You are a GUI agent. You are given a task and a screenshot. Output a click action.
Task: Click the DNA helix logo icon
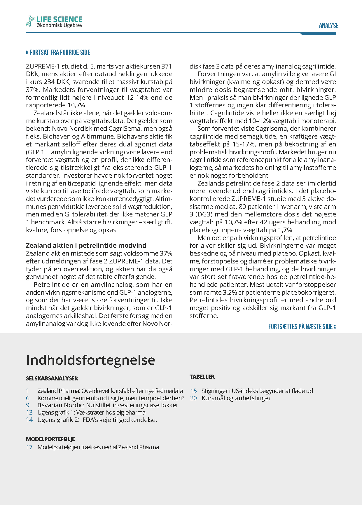(x=30, y=21)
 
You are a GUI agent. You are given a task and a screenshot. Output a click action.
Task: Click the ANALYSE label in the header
(x=328, y=26)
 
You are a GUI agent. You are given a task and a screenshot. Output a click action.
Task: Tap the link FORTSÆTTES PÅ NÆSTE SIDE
(x=302, y=326)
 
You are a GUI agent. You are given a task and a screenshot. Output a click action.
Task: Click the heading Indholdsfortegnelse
(x=90, y=360)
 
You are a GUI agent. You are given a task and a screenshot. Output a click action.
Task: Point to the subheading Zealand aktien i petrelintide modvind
(x=86, y=245)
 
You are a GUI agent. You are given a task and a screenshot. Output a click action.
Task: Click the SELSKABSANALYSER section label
(x=52, y=378)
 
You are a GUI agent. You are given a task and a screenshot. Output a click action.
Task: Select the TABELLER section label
(x=202, y=377)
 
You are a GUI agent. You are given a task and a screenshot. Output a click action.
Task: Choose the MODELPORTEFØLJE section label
(x=50, y=439)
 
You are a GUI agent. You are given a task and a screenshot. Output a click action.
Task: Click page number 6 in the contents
(x=28, y=398)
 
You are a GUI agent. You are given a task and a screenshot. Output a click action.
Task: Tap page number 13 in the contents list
(x=29, y=413)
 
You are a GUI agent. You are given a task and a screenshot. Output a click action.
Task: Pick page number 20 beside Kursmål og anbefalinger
(x=193, y=398)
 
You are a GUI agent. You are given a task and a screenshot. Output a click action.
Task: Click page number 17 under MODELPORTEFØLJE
(x=29, y=447)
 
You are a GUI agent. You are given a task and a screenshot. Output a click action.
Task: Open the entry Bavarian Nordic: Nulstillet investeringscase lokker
(x=108, y=405)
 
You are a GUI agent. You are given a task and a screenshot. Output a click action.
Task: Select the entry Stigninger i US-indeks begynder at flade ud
(x=257, y=391)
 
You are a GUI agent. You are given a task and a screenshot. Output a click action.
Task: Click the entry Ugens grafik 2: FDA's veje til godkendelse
(x=97, y=420)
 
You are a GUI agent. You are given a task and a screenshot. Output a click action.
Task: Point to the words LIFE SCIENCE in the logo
(x=60, y=19)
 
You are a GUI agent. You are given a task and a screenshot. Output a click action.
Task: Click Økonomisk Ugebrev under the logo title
(x=60, y=25)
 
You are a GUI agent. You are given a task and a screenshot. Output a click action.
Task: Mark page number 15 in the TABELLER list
(x=193, y=391)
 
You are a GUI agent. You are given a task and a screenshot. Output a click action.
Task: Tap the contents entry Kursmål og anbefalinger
(x=236, y=398)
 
